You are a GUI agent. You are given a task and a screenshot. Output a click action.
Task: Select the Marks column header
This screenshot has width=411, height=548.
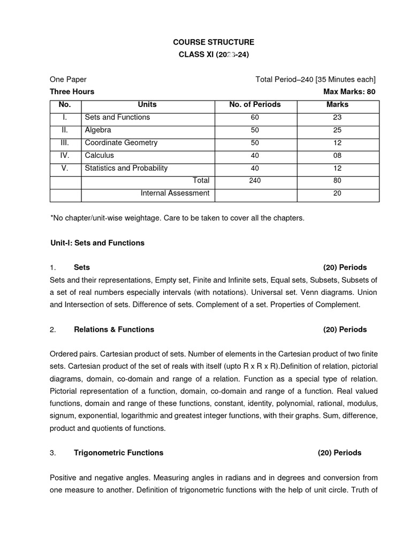[x=337, y=104]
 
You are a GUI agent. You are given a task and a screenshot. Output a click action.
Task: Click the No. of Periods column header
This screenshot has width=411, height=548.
[x=255, y=104]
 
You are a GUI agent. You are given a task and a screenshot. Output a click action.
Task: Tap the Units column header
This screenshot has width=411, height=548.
[x=147, y=104]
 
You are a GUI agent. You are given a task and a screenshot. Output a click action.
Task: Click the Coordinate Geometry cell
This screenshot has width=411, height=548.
[x=121, y=143]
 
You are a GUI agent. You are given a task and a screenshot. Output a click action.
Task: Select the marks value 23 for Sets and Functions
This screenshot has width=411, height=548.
[x=337, y=117]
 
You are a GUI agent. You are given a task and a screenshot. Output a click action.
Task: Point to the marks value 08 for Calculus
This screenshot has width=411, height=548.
[x=337, y=155]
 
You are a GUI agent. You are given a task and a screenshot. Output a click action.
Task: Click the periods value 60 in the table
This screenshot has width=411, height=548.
[x=255, y=117]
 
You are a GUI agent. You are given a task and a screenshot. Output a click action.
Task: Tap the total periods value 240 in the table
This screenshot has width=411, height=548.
[x=255, y=181]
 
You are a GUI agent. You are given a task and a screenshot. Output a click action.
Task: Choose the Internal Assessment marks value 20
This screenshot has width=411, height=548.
[x=337, y=194]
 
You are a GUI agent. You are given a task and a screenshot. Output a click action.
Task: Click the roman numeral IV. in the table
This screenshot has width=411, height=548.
[x=65, y=155]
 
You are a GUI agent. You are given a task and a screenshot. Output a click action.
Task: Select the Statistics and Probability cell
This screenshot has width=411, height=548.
[x=126, y=168]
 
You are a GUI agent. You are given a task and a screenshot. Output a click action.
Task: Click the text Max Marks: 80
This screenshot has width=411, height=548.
[x=349, y=92]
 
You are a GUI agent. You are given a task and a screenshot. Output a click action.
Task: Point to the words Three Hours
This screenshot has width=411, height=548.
[x=72, y=92]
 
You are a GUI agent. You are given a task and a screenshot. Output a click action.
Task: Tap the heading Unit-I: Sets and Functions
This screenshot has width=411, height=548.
[x=97, y=243]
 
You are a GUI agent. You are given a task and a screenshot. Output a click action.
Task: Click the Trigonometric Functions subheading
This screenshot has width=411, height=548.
[x=118, y=453]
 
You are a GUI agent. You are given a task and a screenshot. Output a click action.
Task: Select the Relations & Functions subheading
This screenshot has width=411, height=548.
[x=113, y=330]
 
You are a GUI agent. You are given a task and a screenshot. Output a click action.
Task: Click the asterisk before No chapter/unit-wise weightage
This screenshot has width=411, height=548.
[x=51, y=218]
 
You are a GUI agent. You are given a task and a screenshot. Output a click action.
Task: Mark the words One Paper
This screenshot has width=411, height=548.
[x=68, y=79]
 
